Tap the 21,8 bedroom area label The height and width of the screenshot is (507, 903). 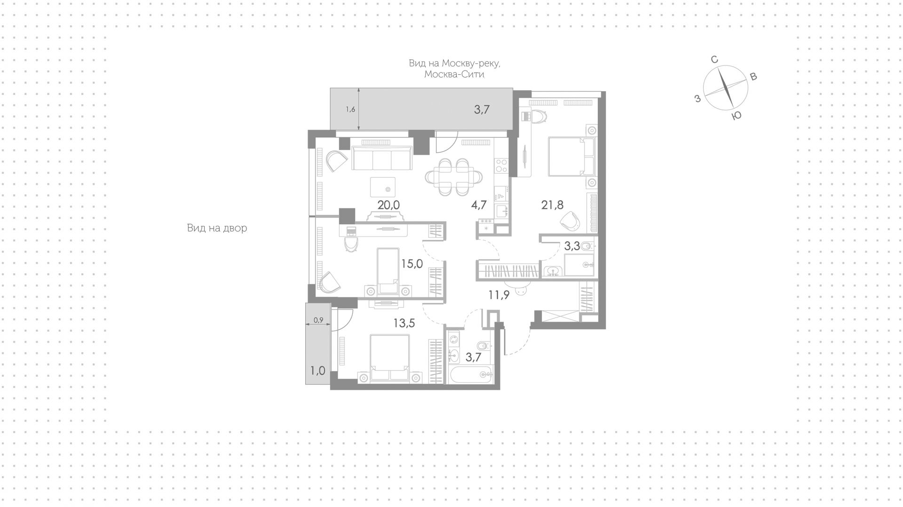point(552,205)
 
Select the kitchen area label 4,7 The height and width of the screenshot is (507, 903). point(478,205)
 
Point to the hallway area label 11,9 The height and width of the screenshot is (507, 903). point(499,295)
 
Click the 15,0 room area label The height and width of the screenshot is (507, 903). point(412,263)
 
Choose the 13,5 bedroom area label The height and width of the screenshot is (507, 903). point(404,323)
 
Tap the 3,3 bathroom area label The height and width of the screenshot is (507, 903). point(572,246)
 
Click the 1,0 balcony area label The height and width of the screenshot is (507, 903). point(318,371)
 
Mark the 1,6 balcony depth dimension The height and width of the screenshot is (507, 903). point(350,110)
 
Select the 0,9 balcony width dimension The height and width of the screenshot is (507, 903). point(318,320)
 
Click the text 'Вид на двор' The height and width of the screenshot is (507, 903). point(217,228)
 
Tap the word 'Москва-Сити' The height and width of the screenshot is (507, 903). point(454,75)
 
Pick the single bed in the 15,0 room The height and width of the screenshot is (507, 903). point(388,272)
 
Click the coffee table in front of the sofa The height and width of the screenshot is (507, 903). point(383,187)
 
